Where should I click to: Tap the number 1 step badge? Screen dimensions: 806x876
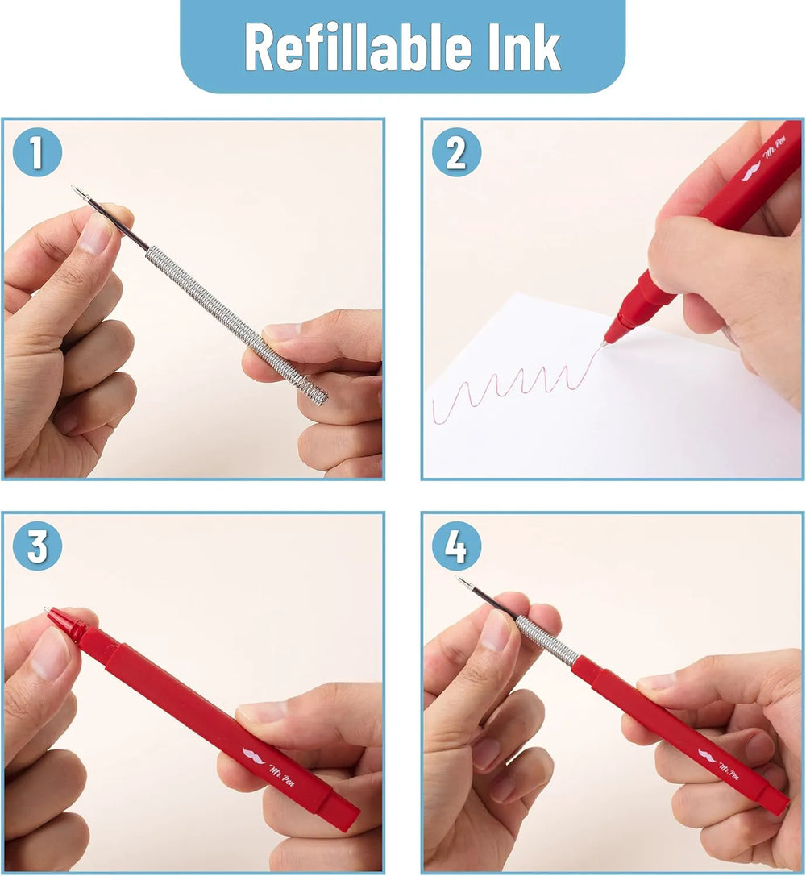(37, 152)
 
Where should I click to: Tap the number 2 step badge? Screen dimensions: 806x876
(456, 152)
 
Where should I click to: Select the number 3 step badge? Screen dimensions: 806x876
(37, 546)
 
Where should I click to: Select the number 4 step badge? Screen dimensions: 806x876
(456, 546)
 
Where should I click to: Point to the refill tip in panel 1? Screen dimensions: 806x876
(74, 189)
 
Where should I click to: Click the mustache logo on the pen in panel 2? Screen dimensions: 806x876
(751, 171)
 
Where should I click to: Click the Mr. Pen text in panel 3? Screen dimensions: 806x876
(281, 775)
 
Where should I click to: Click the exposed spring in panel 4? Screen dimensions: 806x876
(546, 641)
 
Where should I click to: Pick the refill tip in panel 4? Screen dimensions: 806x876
(458, 579)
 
